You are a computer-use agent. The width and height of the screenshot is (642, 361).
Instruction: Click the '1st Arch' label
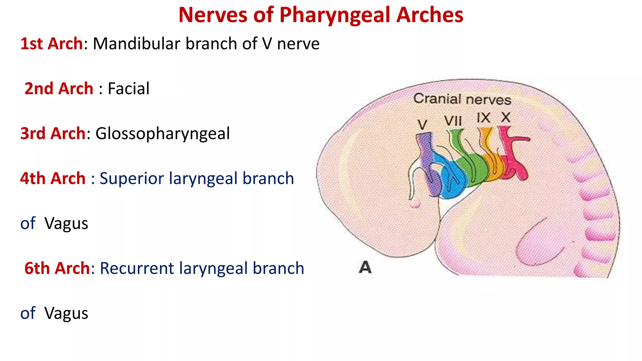(51, 44)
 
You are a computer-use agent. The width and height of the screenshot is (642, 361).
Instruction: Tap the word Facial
(129, 89)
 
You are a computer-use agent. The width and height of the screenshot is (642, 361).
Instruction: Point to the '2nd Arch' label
(59, 89)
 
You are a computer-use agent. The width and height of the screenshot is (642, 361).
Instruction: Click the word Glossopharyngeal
(162, 133)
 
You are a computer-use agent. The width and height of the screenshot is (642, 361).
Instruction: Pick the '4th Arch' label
(53, 179)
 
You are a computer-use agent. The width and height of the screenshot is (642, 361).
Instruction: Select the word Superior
(132, 179)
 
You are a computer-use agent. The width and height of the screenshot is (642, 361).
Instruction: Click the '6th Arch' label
(57, 269)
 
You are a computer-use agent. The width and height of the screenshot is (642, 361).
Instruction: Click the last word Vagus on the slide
(66, 313)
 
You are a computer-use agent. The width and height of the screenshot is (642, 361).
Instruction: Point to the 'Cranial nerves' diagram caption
(462, 99)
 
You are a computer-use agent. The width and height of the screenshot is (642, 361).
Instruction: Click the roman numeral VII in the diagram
(453, 121)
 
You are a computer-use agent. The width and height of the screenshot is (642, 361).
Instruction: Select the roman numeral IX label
(483, 118)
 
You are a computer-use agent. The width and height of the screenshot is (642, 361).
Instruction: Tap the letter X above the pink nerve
(506, 118)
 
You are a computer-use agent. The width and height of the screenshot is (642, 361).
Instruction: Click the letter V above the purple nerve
(422, 125)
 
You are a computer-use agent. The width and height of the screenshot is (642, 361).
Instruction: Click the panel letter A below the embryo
(365, 267)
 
